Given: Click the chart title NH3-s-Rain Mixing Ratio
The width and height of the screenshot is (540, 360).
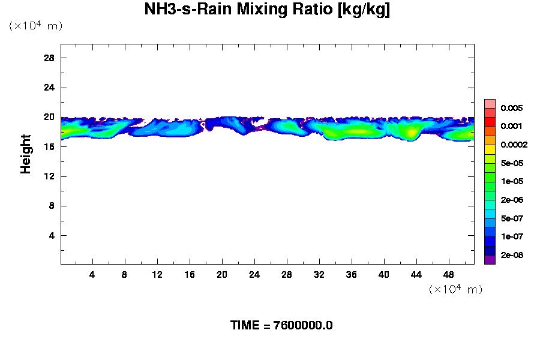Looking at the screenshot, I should (x=267, y=10).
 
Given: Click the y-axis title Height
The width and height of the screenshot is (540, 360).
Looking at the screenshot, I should (x=26, y=154).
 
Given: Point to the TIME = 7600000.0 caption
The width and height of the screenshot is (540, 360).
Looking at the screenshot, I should (x=281, y=325).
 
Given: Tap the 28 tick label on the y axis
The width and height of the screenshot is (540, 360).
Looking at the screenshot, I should (x=49, y=58).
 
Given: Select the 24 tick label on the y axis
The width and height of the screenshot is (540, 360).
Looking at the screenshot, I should (x=49, y=88).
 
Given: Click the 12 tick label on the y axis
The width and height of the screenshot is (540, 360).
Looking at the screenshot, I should (x=49, y=176).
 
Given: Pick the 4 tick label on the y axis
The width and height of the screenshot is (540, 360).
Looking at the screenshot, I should (x=52, y=235).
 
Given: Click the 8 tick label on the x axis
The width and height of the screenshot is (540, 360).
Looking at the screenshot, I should (x=125, y=275).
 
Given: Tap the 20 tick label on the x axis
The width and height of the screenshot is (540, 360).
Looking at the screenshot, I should (x=222, y=275).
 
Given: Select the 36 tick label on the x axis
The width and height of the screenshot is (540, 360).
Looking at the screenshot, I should (x=352, y=275).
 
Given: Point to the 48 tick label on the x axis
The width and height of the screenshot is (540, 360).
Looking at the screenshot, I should (x=449, y=275).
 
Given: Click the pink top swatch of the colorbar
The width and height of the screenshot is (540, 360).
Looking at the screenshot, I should (x=490, y=103).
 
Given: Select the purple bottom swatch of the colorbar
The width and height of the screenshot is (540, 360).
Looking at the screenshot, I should (x=490, y=260).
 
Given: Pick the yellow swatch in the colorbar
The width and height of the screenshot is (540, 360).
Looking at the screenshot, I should (x=490, y=149).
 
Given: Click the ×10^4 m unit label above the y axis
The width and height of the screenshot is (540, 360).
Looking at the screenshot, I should (x=35, y=26).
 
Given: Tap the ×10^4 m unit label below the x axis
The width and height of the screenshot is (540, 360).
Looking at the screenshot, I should (x=455, y=289).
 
